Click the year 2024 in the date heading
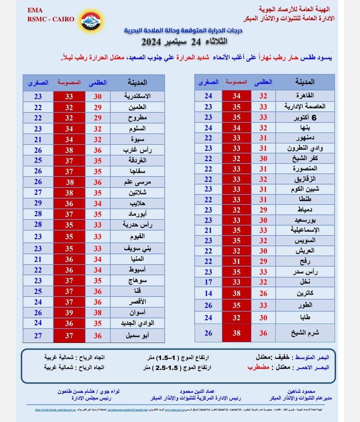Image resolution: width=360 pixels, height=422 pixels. [x=151, y=42]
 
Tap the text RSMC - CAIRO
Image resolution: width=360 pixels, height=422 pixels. [x=51, y=19]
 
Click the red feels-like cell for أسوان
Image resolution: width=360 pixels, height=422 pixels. [x=69, y=313]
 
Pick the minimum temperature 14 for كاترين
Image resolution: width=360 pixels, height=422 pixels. [x=208, y=293]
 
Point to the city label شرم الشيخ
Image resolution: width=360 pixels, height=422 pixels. [x=305, y=333]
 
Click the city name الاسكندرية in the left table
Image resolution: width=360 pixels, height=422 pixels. [x=137, y=96]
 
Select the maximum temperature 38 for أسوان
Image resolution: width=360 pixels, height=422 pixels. [x=97, y=313]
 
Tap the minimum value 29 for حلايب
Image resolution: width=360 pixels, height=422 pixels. [x=38, y=203]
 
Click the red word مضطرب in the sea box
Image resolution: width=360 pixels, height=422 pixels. [x=258, y=367]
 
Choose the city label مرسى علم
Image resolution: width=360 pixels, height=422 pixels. [x=137, y=182]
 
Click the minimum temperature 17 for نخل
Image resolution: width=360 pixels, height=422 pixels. [x=208, y=282]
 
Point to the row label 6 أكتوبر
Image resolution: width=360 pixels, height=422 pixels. [x=305, y=117]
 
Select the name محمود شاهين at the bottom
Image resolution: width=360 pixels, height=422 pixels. [x=301, y=391]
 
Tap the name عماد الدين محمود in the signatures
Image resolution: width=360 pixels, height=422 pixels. [x=197, y=391]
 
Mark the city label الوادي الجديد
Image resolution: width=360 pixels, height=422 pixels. [x=137, y=323]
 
